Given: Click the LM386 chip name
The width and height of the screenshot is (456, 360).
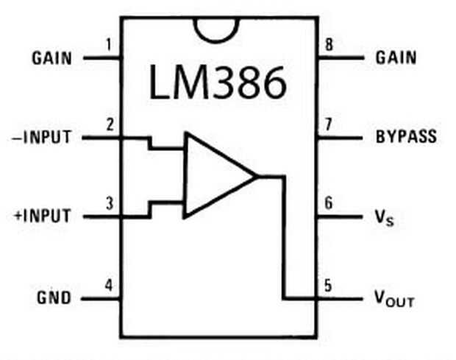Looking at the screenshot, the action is tap(217, 82).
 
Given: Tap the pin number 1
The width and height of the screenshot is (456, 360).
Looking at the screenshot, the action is tap(109, 45).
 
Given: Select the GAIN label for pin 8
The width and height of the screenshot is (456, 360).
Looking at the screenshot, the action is tap(396, 57).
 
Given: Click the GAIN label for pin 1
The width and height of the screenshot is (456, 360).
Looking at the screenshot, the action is tap(51, 58).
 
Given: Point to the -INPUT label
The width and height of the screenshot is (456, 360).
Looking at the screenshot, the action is tap(41, 137).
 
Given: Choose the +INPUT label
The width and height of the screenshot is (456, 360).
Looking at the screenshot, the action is tap(43, 216).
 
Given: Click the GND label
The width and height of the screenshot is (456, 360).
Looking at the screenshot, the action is tap(54, 297).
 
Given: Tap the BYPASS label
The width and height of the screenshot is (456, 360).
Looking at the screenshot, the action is tap(406, 136).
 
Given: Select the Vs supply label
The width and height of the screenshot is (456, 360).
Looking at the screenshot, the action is tap(384, 217).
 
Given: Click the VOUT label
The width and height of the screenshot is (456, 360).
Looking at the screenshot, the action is tap(394, 299).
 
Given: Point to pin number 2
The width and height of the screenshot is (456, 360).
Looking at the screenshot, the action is tap(110, 124).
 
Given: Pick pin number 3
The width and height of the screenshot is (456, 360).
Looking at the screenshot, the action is tap(110, 203).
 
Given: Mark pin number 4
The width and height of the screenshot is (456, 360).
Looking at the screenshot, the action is tap(109, 285).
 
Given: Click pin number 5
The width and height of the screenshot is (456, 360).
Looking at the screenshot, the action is tap(328, 286).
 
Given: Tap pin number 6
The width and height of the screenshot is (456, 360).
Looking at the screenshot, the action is tap(328, 203).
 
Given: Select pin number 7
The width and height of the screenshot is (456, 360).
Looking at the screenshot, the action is tap(328, 124).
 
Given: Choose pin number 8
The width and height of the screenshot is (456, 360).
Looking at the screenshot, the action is tap(329, 45).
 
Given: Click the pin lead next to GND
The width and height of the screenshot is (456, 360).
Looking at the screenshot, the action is tap(101, 299).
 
